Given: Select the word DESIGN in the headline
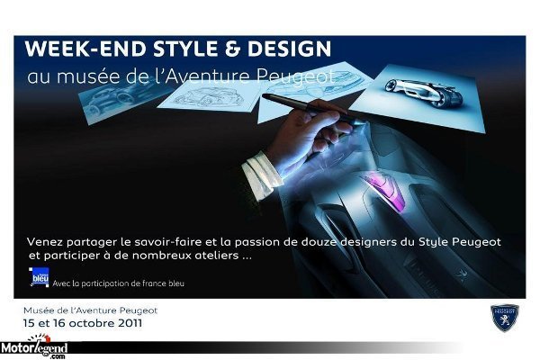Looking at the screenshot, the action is [x=289, y=49].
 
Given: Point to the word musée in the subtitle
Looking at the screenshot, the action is [x=88, y=76].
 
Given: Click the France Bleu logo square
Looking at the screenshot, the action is [x=39, y=276].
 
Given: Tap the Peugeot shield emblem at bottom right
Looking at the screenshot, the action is [x=505, y=318].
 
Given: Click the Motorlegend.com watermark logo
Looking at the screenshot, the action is [x=34, y=347].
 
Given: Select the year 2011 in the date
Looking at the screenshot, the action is [x=130, y=323].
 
